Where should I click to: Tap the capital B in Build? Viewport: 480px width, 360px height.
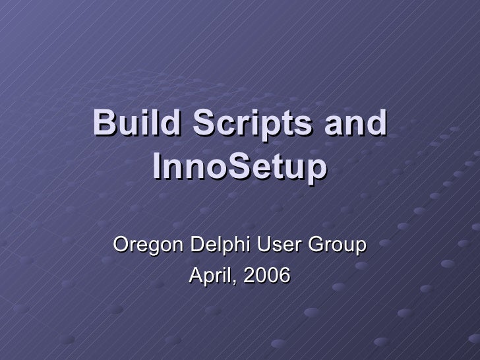104,125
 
